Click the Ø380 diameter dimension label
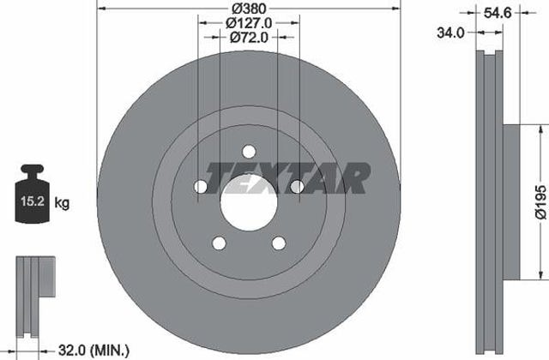coord(249,8)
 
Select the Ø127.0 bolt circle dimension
coord(249,23)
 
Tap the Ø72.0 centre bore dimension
coord(249,37)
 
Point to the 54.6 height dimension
coord(498,14)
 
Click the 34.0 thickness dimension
coord(450,33)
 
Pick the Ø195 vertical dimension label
coord(541,202)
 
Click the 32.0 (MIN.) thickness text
coord(94,351)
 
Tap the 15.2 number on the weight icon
coord(33,201)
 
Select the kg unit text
coord(62,202)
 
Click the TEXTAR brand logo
coord(288,178)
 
